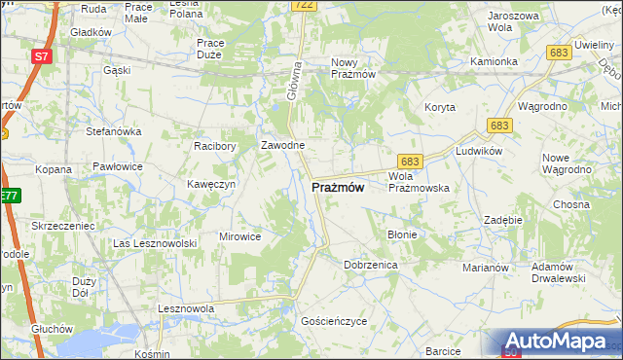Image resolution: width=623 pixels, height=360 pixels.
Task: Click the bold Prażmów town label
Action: pyautogui.click(x=338, y=188)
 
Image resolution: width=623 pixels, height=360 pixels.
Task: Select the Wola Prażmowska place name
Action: pyautogui.click(x=418, y=182)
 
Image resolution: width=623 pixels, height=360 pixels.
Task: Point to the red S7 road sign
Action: pyautogui.click(x=41, y=56)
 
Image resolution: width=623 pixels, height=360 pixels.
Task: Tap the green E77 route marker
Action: pyautogui.click(x=9, y=197)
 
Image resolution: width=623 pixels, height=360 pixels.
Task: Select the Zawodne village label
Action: pyautogui.click(x=283, y=145)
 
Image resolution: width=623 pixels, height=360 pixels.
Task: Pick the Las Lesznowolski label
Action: pyautogui.click(x=156, y=242)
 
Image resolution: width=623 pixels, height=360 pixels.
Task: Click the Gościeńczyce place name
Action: pyautogui.click(x=334, y=319)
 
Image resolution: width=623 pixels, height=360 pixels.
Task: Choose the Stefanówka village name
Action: pyautogui.click(x=115, y=130)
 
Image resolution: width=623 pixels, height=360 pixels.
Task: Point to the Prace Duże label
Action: pyautogui.click(x=210, y=49)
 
